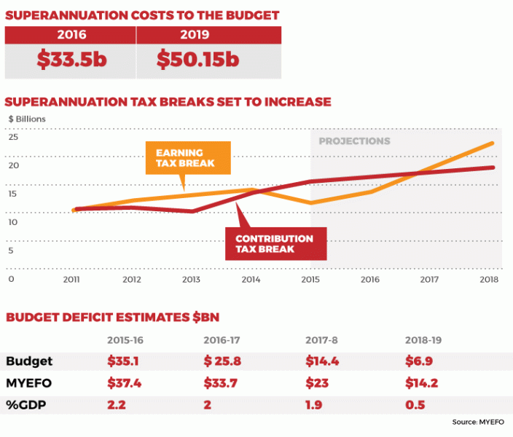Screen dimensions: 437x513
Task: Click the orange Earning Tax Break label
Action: pos(186,157)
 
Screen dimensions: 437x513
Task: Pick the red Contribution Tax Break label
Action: pos(275,243)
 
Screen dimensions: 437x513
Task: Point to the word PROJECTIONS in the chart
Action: pos(355,141)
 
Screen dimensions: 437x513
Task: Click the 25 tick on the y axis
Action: pos(12,137)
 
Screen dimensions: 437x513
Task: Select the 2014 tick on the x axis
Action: pos(251,279)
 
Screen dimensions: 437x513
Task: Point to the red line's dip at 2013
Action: pos(192,211)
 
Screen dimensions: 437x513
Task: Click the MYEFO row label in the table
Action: pos(27,383)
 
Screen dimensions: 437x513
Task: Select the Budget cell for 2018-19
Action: pos(418,362)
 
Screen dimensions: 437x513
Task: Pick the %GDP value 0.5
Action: pos(414,404)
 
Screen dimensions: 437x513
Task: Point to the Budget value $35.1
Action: pos(122,362)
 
